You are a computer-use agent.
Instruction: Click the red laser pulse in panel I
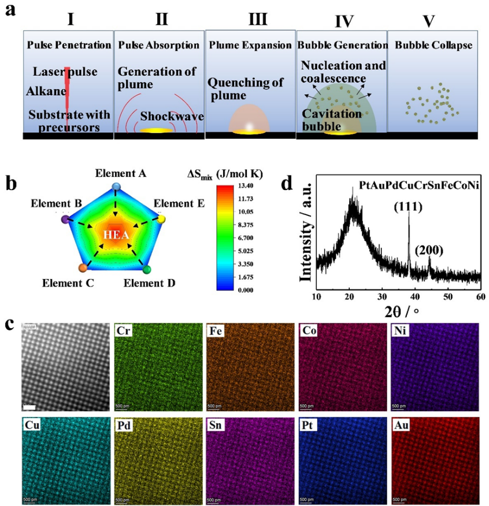pos(68,92)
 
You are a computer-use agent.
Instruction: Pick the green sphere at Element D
pos(147,269)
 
